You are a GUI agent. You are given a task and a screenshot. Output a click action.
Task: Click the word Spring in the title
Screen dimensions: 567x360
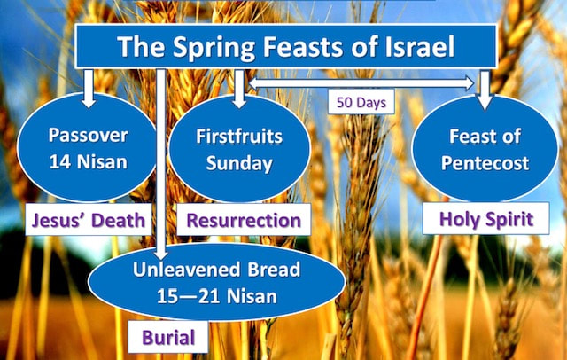214,48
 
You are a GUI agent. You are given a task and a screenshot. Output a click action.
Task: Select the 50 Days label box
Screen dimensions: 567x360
361,102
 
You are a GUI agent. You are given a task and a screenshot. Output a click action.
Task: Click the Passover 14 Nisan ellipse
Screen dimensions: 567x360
87,147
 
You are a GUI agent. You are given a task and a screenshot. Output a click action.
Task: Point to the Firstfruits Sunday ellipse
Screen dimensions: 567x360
239,148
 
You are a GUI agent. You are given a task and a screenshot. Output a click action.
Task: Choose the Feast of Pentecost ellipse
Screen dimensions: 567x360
485,148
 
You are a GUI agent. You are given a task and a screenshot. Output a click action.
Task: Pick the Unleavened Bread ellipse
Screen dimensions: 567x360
216,282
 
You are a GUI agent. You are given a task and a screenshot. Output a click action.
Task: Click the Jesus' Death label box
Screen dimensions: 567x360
89,220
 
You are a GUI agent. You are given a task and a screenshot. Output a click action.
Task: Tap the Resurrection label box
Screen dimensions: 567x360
244,220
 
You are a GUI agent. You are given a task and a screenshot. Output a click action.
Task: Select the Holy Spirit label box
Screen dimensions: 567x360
486,218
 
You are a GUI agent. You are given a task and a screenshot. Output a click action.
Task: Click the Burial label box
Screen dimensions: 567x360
168,337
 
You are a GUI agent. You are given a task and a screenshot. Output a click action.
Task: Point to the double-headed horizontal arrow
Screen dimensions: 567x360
361,83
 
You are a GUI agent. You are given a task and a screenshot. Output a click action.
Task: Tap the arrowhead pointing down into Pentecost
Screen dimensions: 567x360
485,103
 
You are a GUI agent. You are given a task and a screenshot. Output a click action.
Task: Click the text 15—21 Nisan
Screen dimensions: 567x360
217,296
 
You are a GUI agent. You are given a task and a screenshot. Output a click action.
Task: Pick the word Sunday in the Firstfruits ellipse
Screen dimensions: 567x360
239,163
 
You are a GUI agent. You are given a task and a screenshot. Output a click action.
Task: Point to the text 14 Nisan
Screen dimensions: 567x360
89,161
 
